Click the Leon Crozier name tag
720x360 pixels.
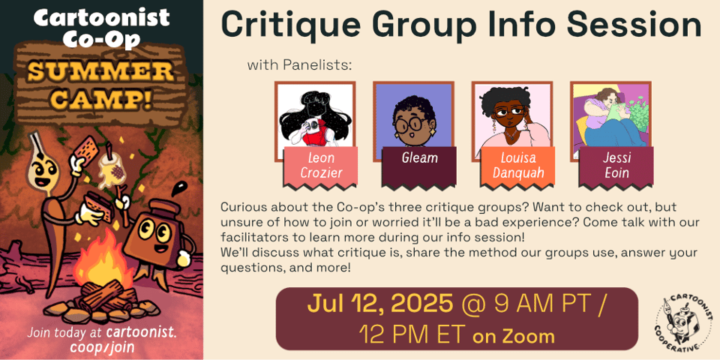(x=320, y=167)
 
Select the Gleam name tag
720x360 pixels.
(x=419, y=167)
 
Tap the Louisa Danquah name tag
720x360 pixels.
(x=518, y=167)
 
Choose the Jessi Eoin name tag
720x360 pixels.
(x=616, y=167)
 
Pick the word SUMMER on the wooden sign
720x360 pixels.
(x=100, y=71)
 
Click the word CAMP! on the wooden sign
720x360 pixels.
(x=100, y=99)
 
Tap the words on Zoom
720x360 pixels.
(x=513, y=337)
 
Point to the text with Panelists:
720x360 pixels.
(x=299, y=65)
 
